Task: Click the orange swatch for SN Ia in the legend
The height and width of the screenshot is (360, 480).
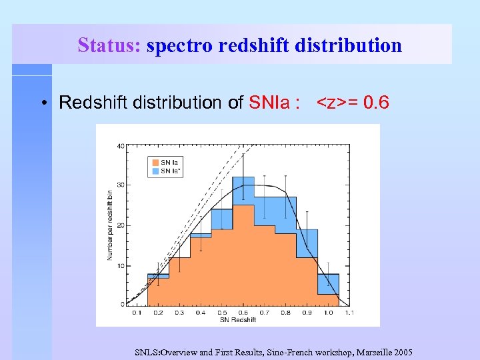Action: (x=154, y=163)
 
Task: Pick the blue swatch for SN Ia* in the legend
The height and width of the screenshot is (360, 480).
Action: (x=154, y=171)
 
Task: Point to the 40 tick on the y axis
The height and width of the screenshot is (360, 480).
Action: (x=121, y=145)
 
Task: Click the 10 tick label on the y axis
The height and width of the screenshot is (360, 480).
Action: (x=121, y=266)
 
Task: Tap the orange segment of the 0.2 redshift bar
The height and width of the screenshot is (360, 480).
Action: (x=158, y=292)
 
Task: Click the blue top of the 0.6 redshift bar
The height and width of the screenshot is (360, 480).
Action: (x=243, y=191)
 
